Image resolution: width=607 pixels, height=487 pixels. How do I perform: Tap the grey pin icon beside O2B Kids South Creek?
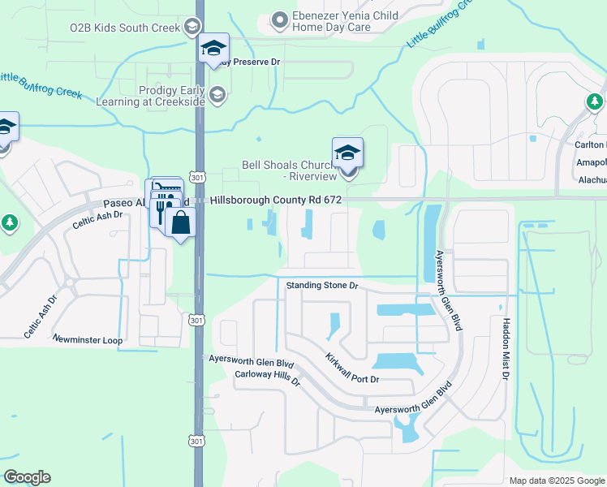click(x=192, y=27)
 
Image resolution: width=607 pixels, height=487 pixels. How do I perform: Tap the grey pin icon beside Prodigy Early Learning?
click(x=217, y=96)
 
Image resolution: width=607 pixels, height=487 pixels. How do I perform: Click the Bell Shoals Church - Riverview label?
click(x=289, y=170)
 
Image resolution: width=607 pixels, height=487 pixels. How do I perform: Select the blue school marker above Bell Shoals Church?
click(x=347, y=153)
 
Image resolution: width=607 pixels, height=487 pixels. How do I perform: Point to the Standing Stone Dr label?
click(x=322, y=286)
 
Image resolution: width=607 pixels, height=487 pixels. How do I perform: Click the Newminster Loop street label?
click(x=88, y=339)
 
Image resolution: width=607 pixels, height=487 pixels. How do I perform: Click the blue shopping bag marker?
click(x=180, y=222)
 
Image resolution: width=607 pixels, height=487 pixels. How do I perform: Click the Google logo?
click(x=26, y=477)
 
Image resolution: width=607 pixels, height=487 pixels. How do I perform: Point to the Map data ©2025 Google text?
click(x=556, y=480)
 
